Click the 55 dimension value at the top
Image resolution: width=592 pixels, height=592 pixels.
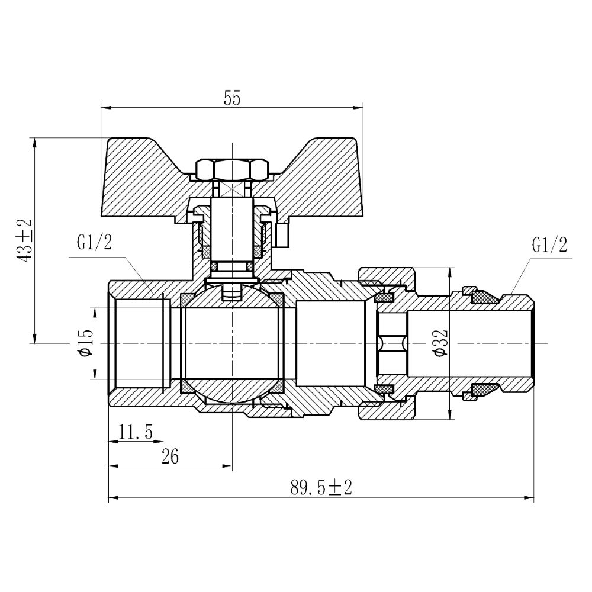pyautogui.click(x=232, y=98)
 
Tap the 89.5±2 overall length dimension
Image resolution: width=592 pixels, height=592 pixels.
pyautogui.click(x=321, y=488)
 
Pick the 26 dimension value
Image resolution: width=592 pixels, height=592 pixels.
pyautogui.click(x=170, y=456)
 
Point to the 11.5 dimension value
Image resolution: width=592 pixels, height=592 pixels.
pyautogui.click(x=136, y=432)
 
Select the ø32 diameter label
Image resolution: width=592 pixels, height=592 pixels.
pyautogui.click(x=440, y=343)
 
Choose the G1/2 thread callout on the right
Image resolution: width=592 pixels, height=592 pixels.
pyautogui.click(x=549, y=244)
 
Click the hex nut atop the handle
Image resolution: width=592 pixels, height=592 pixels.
pyautogui.click(x=232, y=170)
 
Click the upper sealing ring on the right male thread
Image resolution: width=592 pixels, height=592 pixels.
pyautogui.click(x=485, y=297)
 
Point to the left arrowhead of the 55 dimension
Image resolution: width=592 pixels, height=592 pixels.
pyautogui.click(x=104, y=108)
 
